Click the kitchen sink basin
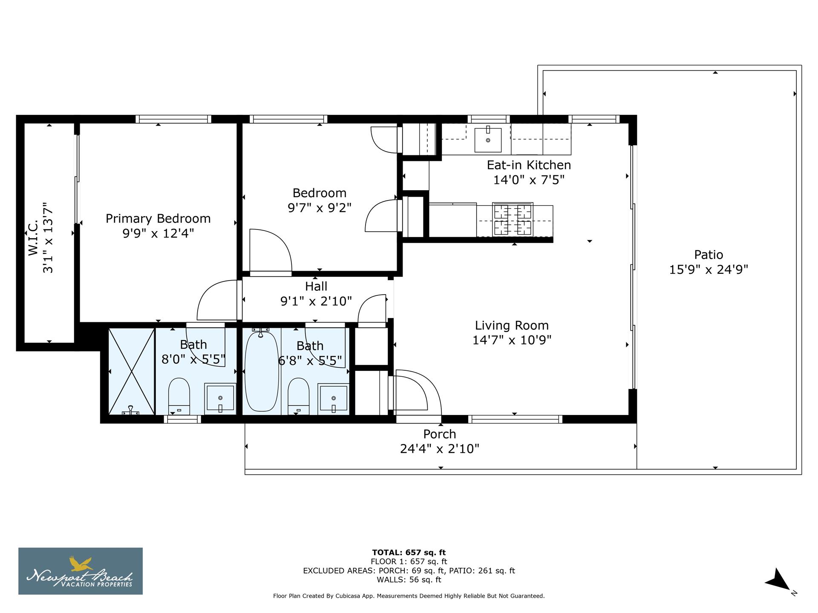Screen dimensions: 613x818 point(488,139)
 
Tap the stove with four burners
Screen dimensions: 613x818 point(513,220)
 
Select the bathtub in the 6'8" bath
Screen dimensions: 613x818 point(262,371)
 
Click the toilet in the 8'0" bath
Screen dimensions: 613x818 point(179,394)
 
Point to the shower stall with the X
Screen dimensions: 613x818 point(132,371)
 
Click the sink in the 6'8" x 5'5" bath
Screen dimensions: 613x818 point(334,399)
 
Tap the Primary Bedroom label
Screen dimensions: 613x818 point(158,218)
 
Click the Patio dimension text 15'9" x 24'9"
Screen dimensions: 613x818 point(709,269)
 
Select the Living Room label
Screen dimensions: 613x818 point(512,325)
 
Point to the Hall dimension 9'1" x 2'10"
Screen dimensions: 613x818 point(316,301)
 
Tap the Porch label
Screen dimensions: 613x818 point(439,434)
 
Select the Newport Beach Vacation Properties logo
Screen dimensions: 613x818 point(81,571)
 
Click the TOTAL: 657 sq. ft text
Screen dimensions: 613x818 point(409,553)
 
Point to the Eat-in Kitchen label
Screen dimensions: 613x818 point(529,165)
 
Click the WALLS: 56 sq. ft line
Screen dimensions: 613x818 point(409,580)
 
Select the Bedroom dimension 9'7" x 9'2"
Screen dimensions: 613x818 point(319,208)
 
